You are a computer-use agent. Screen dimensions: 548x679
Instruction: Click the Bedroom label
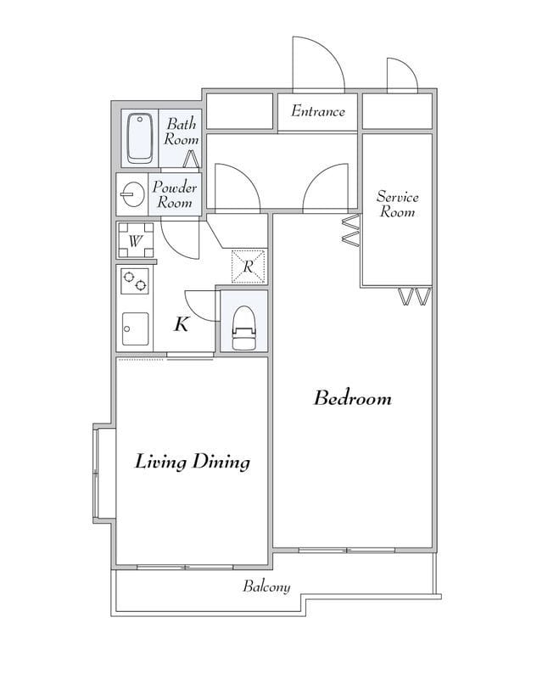tap(352, 398)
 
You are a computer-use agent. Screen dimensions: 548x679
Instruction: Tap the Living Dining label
tap(193, 462)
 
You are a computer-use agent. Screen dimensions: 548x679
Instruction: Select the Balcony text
tap(266, 586)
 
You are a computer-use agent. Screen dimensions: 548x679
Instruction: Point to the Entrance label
tap(318, 111)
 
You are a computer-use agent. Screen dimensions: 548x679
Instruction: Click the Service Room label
tap(397, 204)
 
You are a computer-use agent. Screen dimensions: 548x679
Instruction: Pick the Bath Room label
tap(182, 132)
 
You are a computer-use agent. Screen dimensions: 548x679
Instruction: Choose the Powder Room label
tap(175, 194)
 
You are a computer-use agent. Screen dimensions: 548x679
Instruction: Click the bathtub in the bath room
tap(140, 138)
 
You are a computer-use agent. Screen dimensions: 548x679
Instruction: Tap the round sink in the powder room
tap(132, 194)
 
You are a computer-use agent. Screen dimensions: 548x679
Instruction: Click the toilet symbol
tap(244, 328)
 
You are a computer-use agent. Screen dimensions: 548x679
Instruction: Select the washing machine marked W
tap(136, 240)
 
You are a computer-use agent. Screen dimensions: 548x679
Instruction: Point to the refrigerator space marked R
tap(248, 267)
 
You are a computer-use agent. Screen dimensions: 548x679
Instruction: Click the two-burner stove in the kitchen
tap(135, 281)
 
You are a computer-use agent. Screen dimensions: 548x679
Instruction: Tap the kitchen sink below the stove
tap(135, 329)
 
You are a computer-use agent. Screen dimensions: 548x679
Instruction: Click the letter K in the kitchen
tap(182, 324)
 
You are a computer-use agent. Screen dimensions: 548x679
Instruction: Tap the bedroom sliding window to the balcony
tap(347, 550)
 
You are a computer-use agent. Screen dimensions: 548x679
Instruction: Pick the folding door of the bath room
tap(191, 159)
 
